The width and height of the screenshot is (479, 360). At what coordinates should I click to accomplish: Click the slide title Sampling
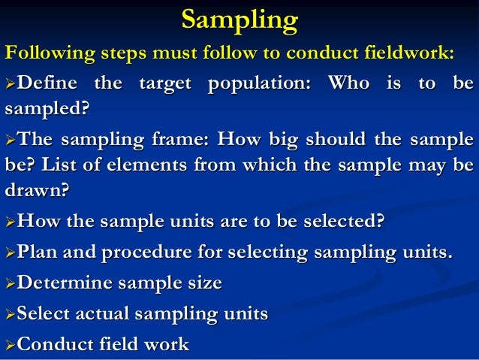pyautogui.click(x=239, y=20)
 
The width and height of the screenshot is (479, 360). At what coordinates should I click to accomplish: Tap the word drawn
pyautogui.click(x=36, y=192)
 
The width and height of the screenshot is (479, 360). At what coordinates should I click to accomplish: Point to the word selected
pyautogui.click(x=339, y=221)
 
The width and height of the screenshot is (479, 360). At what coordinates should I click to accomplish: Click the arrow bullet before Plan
pyautogui.click(x=9, y=250)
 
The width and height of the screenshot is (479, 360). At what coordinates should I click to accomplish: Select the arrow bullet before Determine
pyautogui.click(x=9, y=283)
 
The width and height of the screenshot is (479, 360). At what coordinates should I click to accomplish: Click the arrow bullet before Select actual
pyautogui.click(x=9, y=313)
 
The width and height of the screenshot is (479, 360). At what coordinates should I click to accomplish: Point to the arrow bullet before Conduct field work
pyautogui.click(x=9, y=344)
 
